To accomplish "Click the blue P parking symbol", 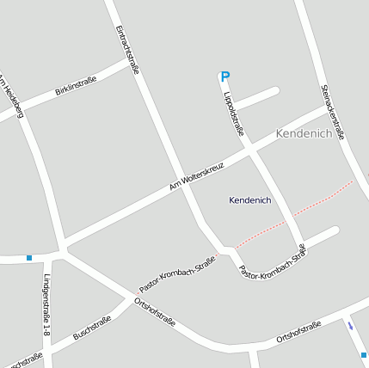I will coord(225,77).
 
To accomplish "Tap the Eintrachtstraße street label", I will coord(126,50).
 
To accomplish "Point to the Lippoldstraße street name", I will coord(234,113).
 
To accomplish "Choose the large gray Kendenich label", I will coord(304,133).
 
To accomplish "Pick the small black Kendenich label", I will coord(250,200).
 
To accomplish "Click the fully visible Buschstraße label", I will coord(92,328).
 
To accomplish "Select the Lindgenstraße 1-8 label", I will coord(46,305).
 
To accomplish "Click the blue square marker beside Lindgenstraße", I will coord(29,257).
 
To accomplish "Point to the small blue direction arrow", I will coord(349,325).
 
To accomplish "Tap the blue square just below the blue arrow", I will coord(364,353).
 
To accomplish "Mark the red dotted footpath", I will coord(297,211).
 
